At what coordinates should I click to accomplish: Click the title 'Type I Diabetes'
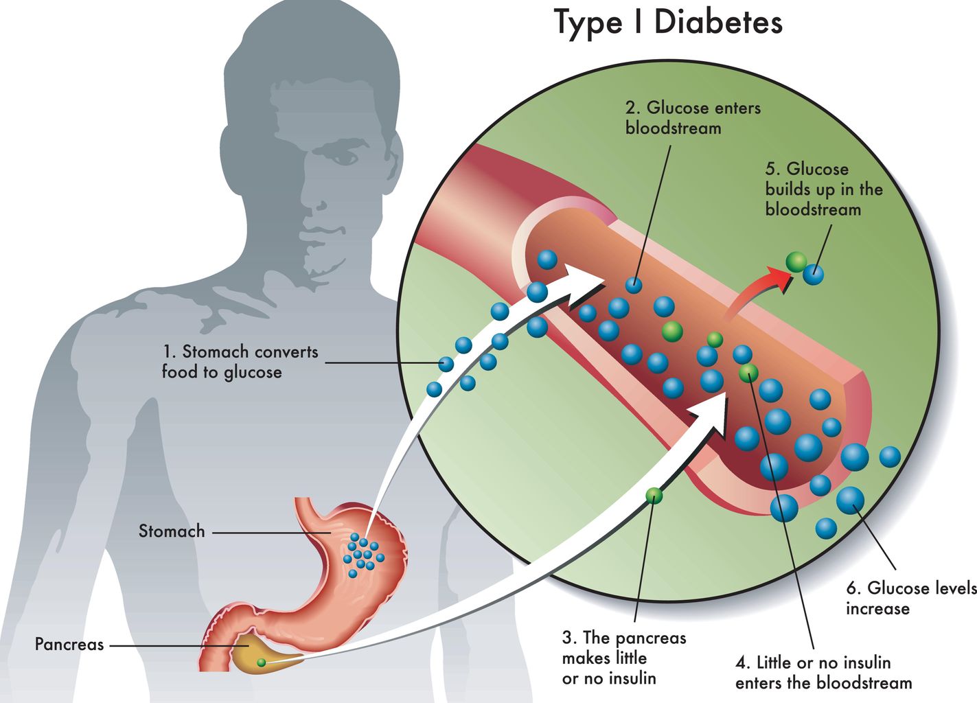[667, 22]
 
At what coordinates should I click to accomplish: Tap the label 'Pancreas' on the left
[69, 645]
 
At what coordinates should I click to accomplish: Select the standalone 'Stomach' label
[172, 531]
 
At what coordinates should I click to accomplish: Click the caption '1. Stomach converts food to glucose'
[240, 362]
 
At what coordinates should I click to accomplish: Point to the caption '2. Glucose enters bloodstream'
[692, 117]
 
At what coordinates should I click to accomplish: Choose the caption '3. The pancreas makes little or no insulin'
[623, 658]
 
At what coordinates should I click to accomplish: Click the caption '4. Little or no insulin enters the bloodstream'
[823, 673]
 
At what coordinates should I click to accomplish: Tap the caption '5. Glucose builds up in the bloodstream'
[823, 189]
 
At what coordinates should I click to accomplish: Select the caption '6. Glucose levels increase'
[910, 598]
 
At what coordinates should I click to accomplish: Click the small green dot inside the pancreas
[261, 662]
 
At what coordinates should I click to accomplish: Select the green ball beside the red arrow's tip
[796, 261]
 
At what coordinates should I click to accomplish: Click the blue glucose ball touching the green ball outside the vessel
[814, 275]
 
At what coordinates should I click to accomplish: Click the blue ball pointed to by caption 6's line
[850, 500]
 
